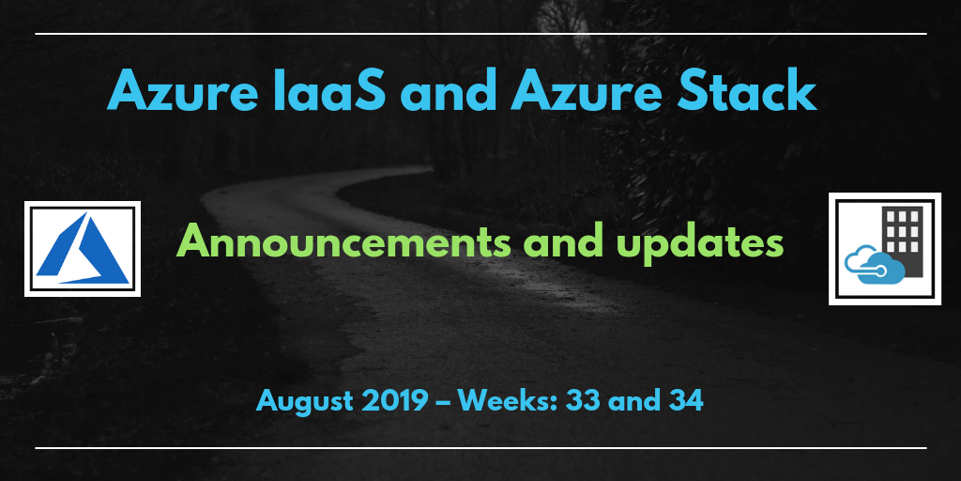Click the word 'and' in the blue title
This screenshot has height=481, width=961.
coord(448,91)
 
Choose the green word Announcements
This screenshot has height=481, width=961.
coord(343,243)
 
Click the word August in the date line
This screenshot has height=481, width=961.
coord(305,402)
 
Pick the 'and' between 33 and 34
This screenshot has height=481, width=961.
coord(633,401)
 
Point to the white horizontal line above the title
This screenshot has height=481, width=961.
coord(480,34)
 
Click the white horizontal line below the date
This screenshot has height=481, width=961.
coord(480,448)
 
